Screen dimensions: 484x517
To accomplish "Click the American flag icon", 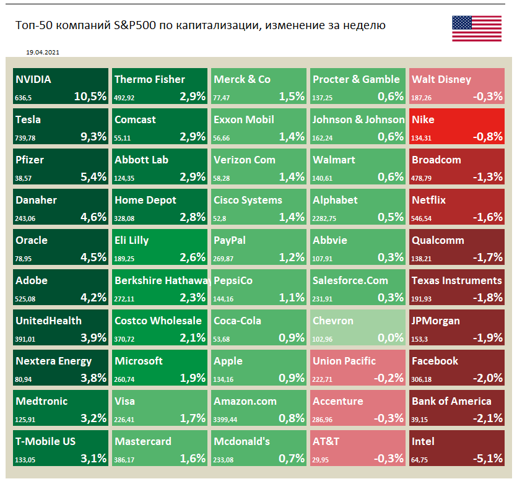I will pos(476,29).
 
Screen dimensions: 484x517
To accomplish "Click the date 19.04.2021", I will pos(43,53).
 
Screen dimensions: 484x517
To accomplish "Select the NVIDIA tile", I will pos(61,87).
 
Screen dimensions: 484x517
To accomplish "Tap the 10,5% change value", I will pos(90,96).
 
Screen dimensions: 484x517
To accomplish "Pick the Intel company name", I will pos(424,441).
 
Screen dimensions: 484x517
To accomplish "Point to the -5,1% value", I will pos(487,458).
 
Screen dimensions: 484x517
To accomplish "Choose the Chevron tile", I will pos(358,328).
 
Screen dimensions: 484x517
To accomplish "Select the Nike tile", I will pos(457,127).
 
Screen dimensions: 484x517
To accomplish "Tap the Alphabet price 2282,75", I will pos(327,217).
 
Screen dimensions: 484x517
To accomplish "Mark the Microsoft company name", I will pos(139,361).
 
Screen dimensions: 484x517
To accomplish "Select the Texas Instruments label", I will pos(457,280).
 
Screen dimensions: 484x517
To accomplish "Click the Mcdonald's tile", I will pos(259,449).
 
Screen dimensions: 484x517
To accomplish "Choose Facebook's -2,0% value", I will pos(487,378).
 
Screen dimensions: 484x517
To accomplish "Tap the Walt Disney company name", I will pos(441,79).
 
